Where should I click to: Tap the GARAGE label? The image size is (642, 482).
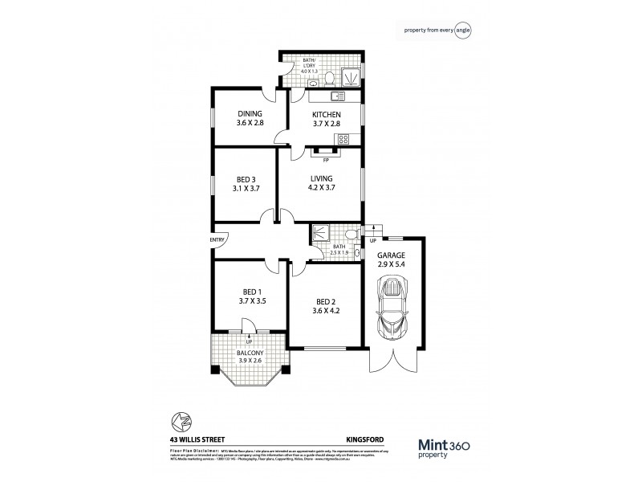[x=392, y=255]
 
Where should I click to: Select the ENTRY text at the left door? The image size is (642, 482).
[x=217, y=239]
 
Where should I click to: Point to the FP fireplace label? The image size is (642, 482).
[x=326, y=160]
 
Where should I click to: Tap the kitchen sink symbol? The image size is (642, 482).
[x=337, y=96]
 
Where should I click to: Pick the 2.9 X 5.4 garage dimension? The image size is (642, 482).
[x=392, y=264]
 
